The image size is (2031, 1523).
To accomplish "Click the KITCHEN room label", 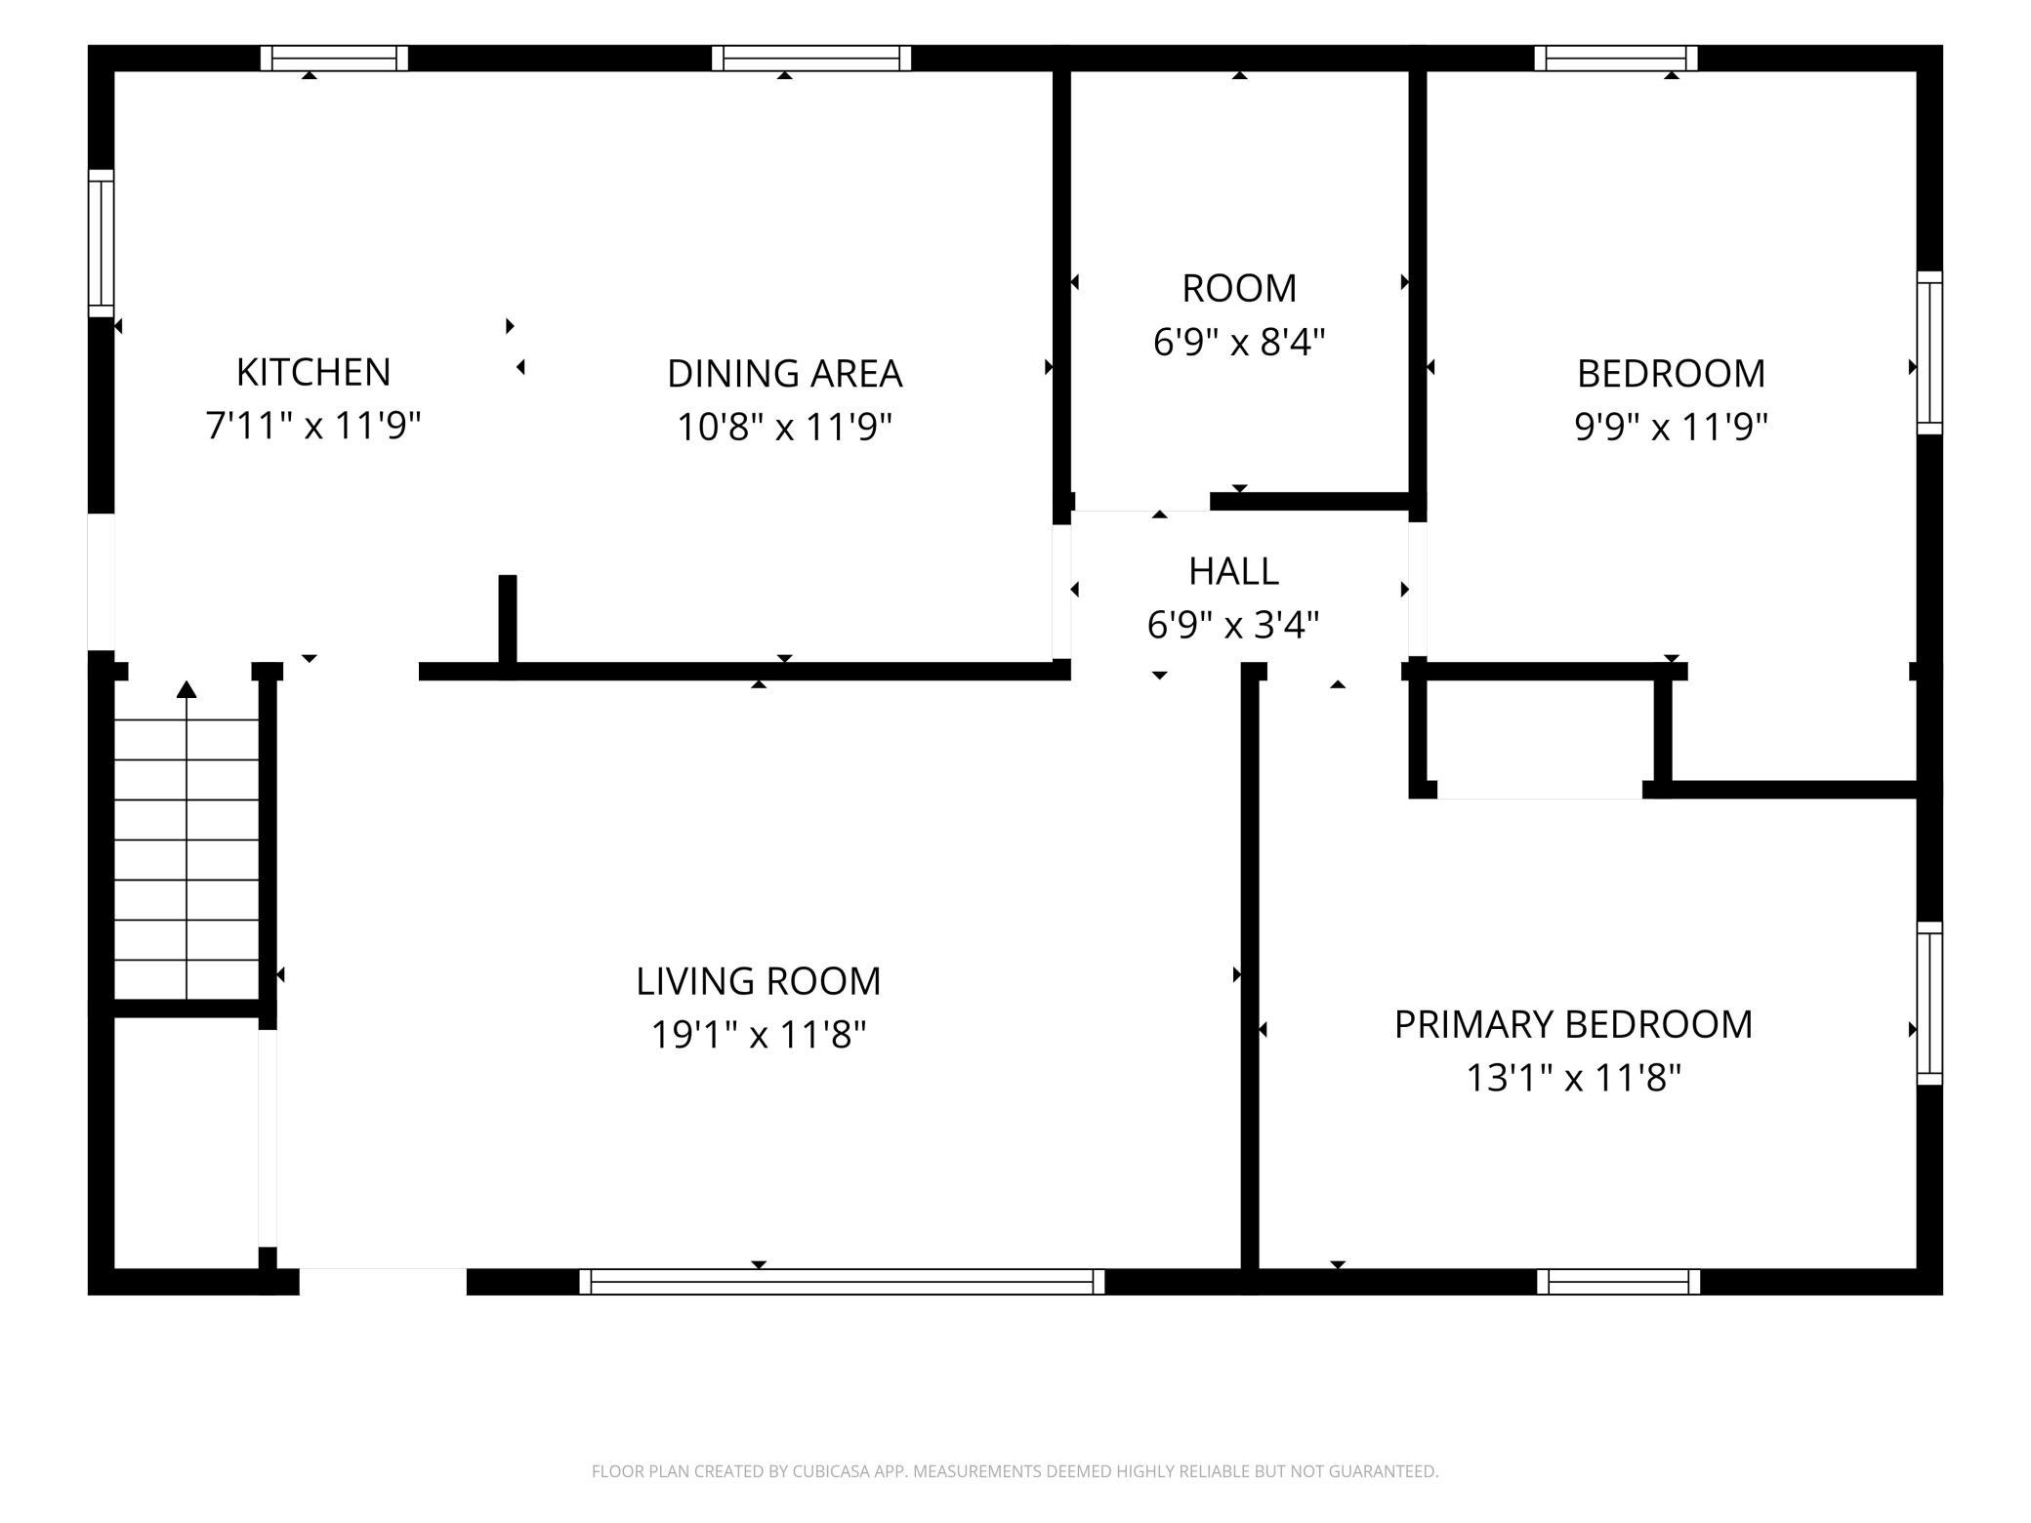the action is pyautogui.click(x=313, y=372).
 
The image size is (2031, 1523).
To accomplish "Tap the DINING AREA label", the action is pyautogui.click(x=785, y=373).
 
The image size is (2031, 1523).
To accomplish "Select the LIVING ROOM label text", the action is pyautogui.click(x=759, y=981).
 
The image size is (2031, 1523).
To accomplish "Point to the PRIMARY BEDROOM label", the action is pyautogui.click(x=1573, y=1024).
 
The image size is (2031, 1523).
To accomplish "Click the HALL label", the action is pyautogui.click(x=1233, y=571).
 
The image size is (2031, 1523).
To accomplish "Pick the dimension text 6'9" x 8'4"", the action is pyautogui.click(x=1239, y=342).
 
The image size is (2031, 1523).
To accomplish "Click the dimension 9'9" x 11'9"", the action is pyautogui.click(x=1671, y=426).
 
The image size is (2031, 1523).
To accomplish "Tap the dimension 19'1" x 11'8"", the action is pyautogui.click(x=759, y=1034).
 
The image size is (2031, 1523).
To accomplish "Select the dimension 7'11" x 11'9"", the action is pyautogui.click(x=313, y=425).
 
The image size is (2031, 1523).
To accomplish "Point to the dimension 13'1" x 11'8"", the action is pyautogui.click(x=1573, y=1078).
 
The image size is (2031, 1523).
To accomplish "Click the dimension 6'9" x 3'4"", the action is pyautogui.click(x=1233, y=624).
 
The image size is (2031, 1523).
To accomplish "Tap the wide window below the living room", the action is pyautogui.click(x=842, y=1282).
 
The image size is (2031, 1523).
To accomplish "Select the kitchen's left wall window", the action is pyautogui.click(x=102, y=243).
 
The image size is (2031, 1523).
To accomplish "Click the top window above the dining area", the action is pyautogui.click(x=811, y=59).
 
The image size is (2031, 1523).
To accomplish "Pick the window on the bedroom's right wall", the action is pyautogui.click(x=1929, y=352).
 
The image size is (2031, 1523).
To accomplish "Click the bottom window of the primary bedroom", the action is pyautogui.click(x=1618, y=1282).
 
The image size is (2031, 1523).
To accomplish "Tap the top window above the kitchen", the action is pyautogui.click(x=334, y=59).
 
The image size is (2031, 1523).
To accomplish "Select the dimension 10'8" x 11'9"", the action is pyautogui.click(x=785, y=426).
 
